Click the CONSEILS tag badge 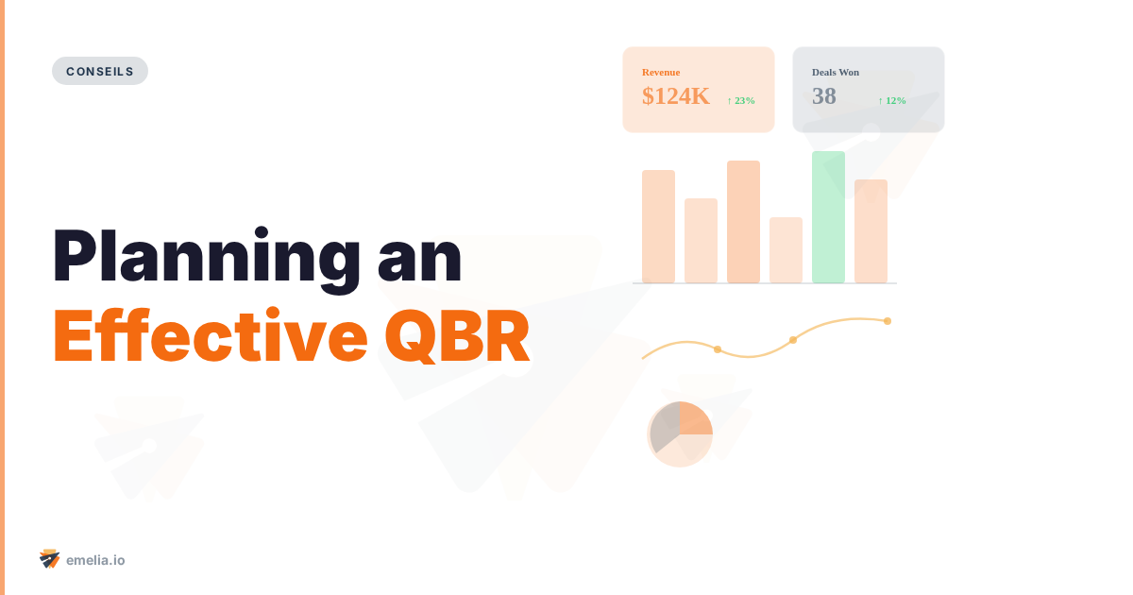pyautogui.click(x=100, y=71)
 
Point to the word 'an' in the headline pyautogui.click(x=420, y=258)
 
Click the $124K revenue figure pyautogui.click(x=676, y=96)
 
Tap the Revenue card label pyautogui.click(x=661, y=72)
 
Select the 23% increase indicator pyautogui.click(x=741, y=100)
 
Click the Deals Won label pyautogui.click(x=836, y=72)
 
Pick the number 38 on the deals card pyautogui.click(x=824, y=96)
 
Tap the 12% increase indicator pyautogui.click(x=892, y=100)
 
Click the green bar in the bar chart pyautogui.click(x=828, y=217)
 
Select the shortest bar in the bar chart pyautogui.click(x=786, y=250)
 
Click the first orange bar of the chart pyautogui.click(x=658, y=227)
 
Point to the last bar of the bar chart pyautogui.click(x=871, y=231)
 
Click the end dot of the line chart pyautogui.click(x=888, y=321)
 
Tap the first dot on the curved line pyautogui.click(x=718, y=350)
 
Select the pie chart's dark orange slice pyautogui.click(x=695, y=417)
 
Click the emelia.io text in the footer pyautogui.click(x=95, y=560)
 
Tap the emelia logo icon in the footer pyautogui.click(x=50, y=559)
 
